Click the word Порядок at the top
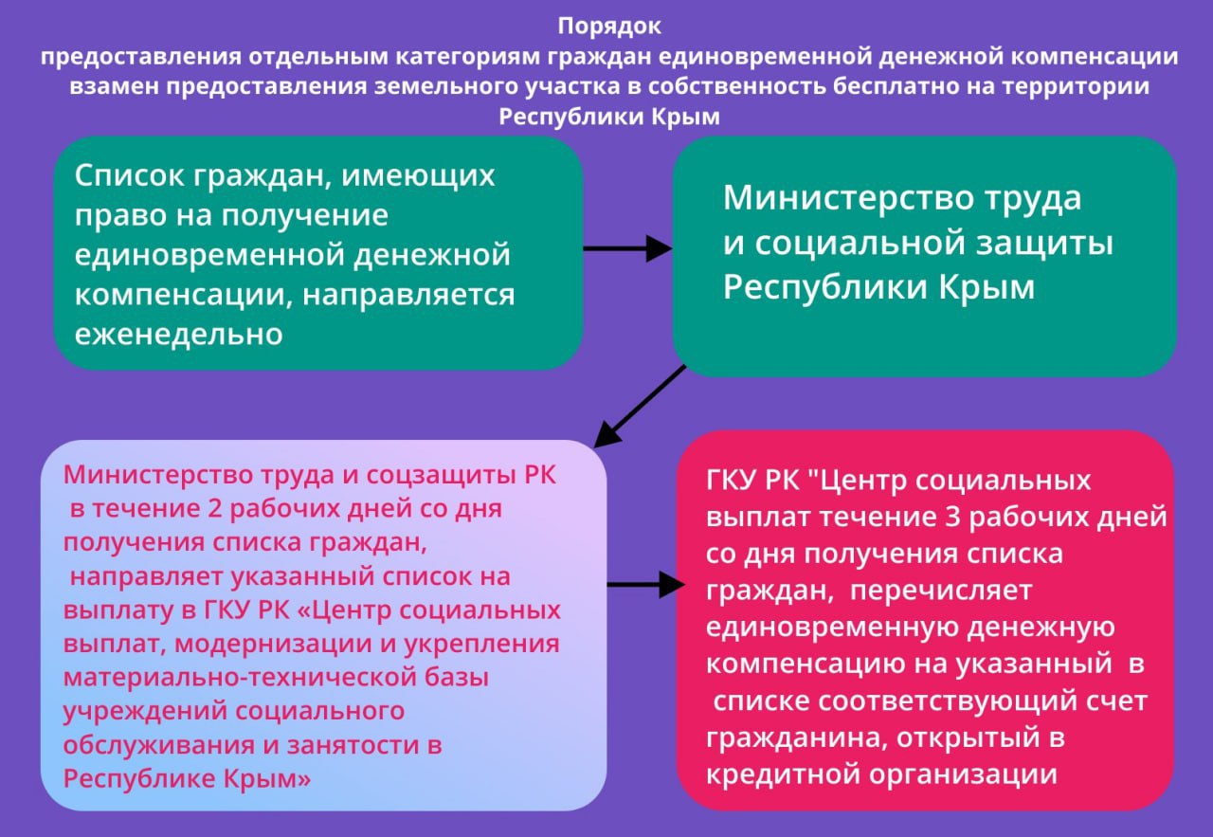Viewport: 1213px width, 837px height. tap(609, 27)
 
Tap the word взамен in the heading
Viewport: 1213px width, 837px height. tap(114, 86)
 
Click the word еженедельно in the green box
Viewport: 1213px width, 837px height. tap(179, 333)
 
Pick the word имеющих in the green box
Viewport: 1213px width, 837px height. tap(418, 175)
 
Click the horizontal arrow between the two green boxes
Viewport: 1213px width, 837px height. tap(627, 248)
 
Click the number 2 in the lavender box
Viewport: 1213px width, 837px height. tap(215, 509)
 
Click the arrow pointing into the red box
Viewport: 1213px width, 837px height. tap(646, 585)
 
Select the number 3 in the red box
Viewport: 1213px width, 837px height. tap(952, 517)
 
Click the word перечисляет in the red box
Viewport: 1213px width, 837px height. tap(941, 591)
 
